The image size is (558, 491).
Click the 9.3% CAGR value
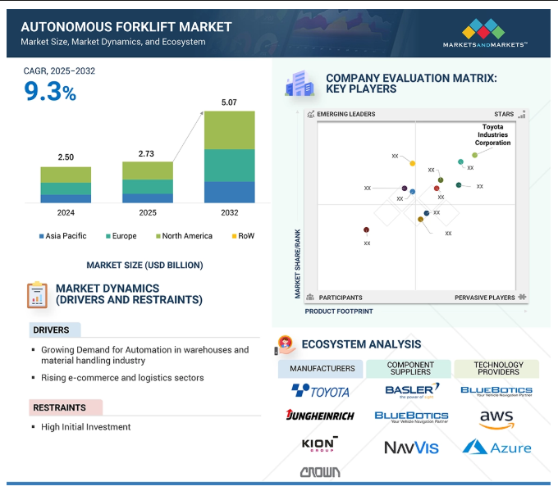(50, 92)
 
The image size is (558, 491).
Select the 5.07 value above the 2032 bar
(229, 102)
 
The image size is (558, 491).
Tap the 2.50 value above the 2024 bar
(65, 157)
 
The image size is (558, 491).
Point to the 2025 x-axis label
(148, 213)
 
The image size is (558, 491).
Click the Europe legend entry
(123, 236)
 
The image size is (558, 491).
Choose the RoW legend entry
(243, 236)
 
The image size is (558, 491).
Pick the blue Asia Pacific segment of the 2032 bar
(229, 192)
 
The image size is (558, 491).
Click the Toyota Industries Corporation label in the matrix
(492, 134)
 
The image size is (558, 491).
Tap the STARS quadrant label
(504, 114)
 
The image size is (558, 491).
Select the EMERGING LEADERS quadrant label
(346, 114)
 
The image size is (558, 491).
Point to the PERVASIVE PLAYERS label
(485, 298)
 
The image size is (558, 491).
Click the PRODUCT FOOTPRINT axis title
(339, 311)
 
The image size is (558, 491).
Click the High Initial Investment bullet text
(86, 427)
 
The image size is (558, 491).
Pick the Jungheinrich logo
(320, 416)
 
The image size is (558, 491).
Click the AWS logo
(496, 419)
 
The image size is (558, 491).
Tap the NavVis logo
(411, 448)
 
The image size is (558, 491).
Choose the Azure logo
(496, 447)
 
